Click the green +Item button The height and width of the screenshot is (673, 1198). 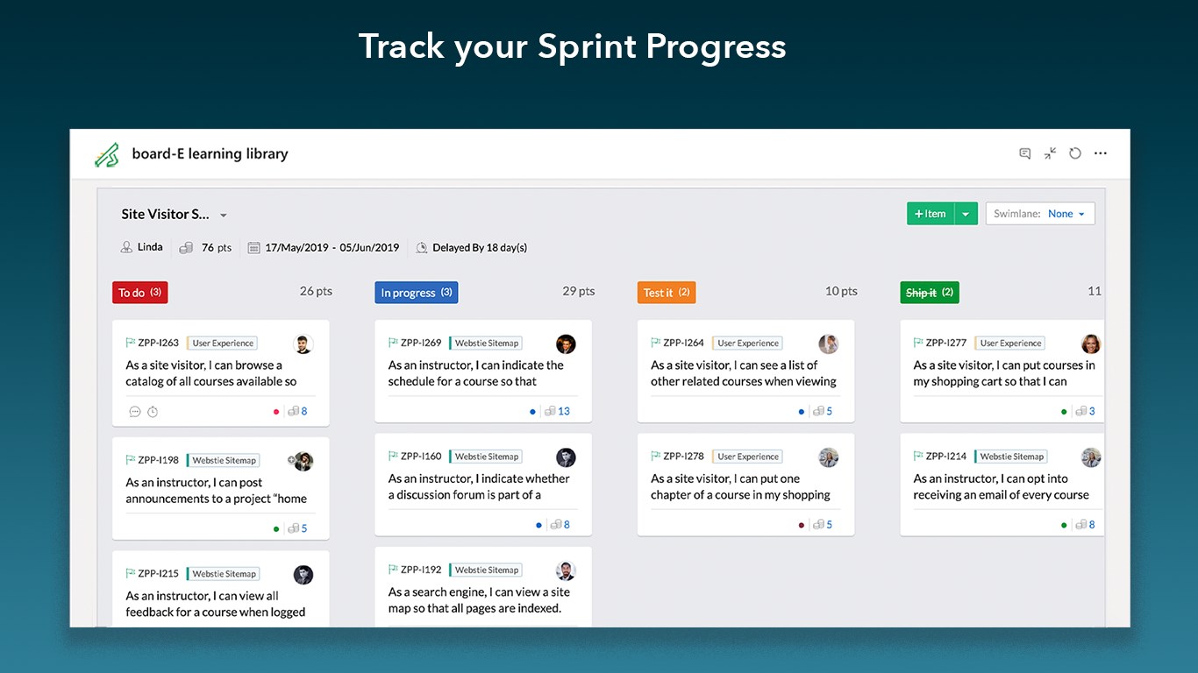(930, 214)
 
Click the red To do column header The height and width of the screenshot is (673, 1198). (140, 293)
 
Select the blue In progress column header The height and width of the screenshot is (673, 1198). (416, 293)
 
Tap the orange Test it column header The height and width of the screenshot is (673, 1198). (667, 293)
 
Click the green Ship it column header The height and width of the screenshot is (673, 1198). (930, 293)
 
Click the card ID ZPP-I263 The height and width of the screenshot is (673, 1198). (159, 343)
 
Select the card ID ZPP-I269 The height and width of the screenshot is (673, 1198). (421, 343)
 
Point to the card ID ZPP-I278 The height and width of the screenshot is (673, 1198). (683, 456)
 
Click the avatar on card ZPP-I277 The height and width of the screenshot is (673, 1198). (1091, 344)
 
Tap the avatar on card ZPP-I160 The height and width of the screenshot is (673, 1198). (566, 457)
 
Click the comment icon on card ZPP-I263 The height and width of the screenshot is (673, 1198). (135, 412)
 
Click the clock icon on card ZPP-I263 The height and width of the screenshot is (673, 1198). (153, 412)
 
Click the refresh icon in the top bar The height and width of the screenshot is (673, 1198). (1075, 153)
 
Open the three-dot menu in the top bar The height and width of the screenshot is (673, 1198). (1100, 153)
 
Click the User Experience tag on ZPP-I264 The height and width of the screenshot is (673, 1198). (748, 343)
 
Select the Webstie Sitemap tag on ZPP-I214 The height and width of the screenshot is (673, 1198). (1011, 456)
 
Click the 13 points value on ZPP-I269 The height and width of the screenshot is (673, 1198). (564, 411)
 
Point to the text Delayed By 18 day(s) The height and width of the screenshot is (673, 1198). (480, 247)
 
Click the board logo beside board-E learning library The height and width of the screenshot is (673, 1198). (107, 155)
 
